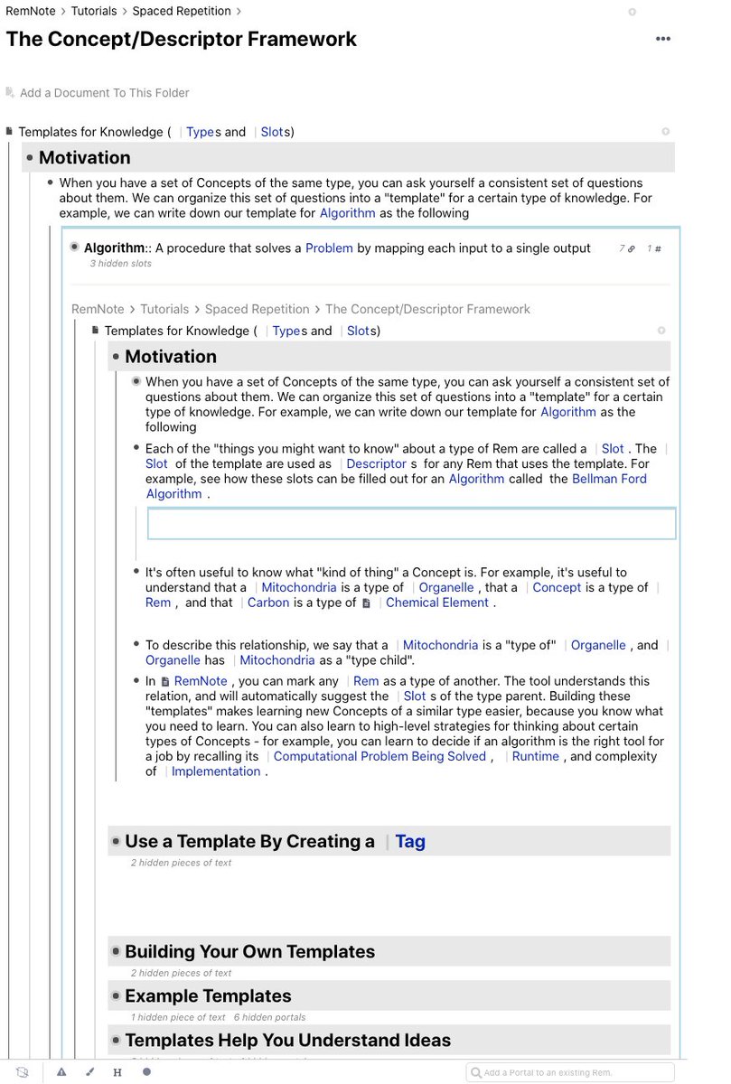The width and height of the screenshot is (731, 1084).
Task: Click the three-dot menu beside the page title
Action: (663, 39)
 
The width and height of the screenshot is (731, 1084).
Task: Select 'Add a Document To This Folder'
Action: (104, 92)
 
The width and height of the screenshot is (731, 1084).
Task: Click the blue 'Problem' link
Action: (329, 248)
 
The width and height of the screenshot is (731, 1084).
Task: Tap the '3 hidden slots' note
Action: (120, 264)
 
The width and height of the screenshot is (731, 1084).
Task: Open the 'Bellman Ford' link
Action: (609, 479)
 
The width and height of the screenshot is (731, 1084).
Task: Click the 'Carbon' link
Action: (268, 603)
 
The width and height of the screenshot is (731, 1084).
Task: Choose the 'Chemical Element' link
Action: (437, 603)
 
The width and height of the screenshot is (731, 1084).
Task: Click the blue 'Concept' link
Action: (557, 587)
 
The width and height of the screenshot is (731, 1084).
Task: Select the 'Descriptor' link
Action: (377, 463)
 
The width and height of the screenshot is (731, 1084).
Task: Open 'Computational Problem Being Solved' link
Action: (380, 756)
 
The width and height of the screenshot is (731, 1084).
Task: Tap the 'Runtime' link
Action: (535, 756)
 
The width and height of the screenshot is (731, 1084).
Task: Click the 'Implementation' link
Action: (216, 771)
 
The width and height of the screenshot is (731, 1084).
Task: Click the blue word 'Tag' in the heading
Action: (409, 841)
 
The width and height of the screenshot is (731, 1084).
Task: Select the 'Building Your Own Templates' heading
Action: (249, 951)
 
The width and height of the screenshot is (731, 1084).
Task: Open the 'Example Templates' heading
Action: (208, 995)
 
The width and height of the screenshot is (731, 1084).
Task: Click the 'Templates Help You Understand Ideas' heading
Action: (287, 1040)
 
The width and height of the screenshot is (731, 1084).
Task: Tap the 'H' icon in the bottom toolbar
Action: (117, 1072)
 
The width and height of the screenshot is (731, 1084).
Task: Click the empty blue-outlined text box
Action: (411, 524)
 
